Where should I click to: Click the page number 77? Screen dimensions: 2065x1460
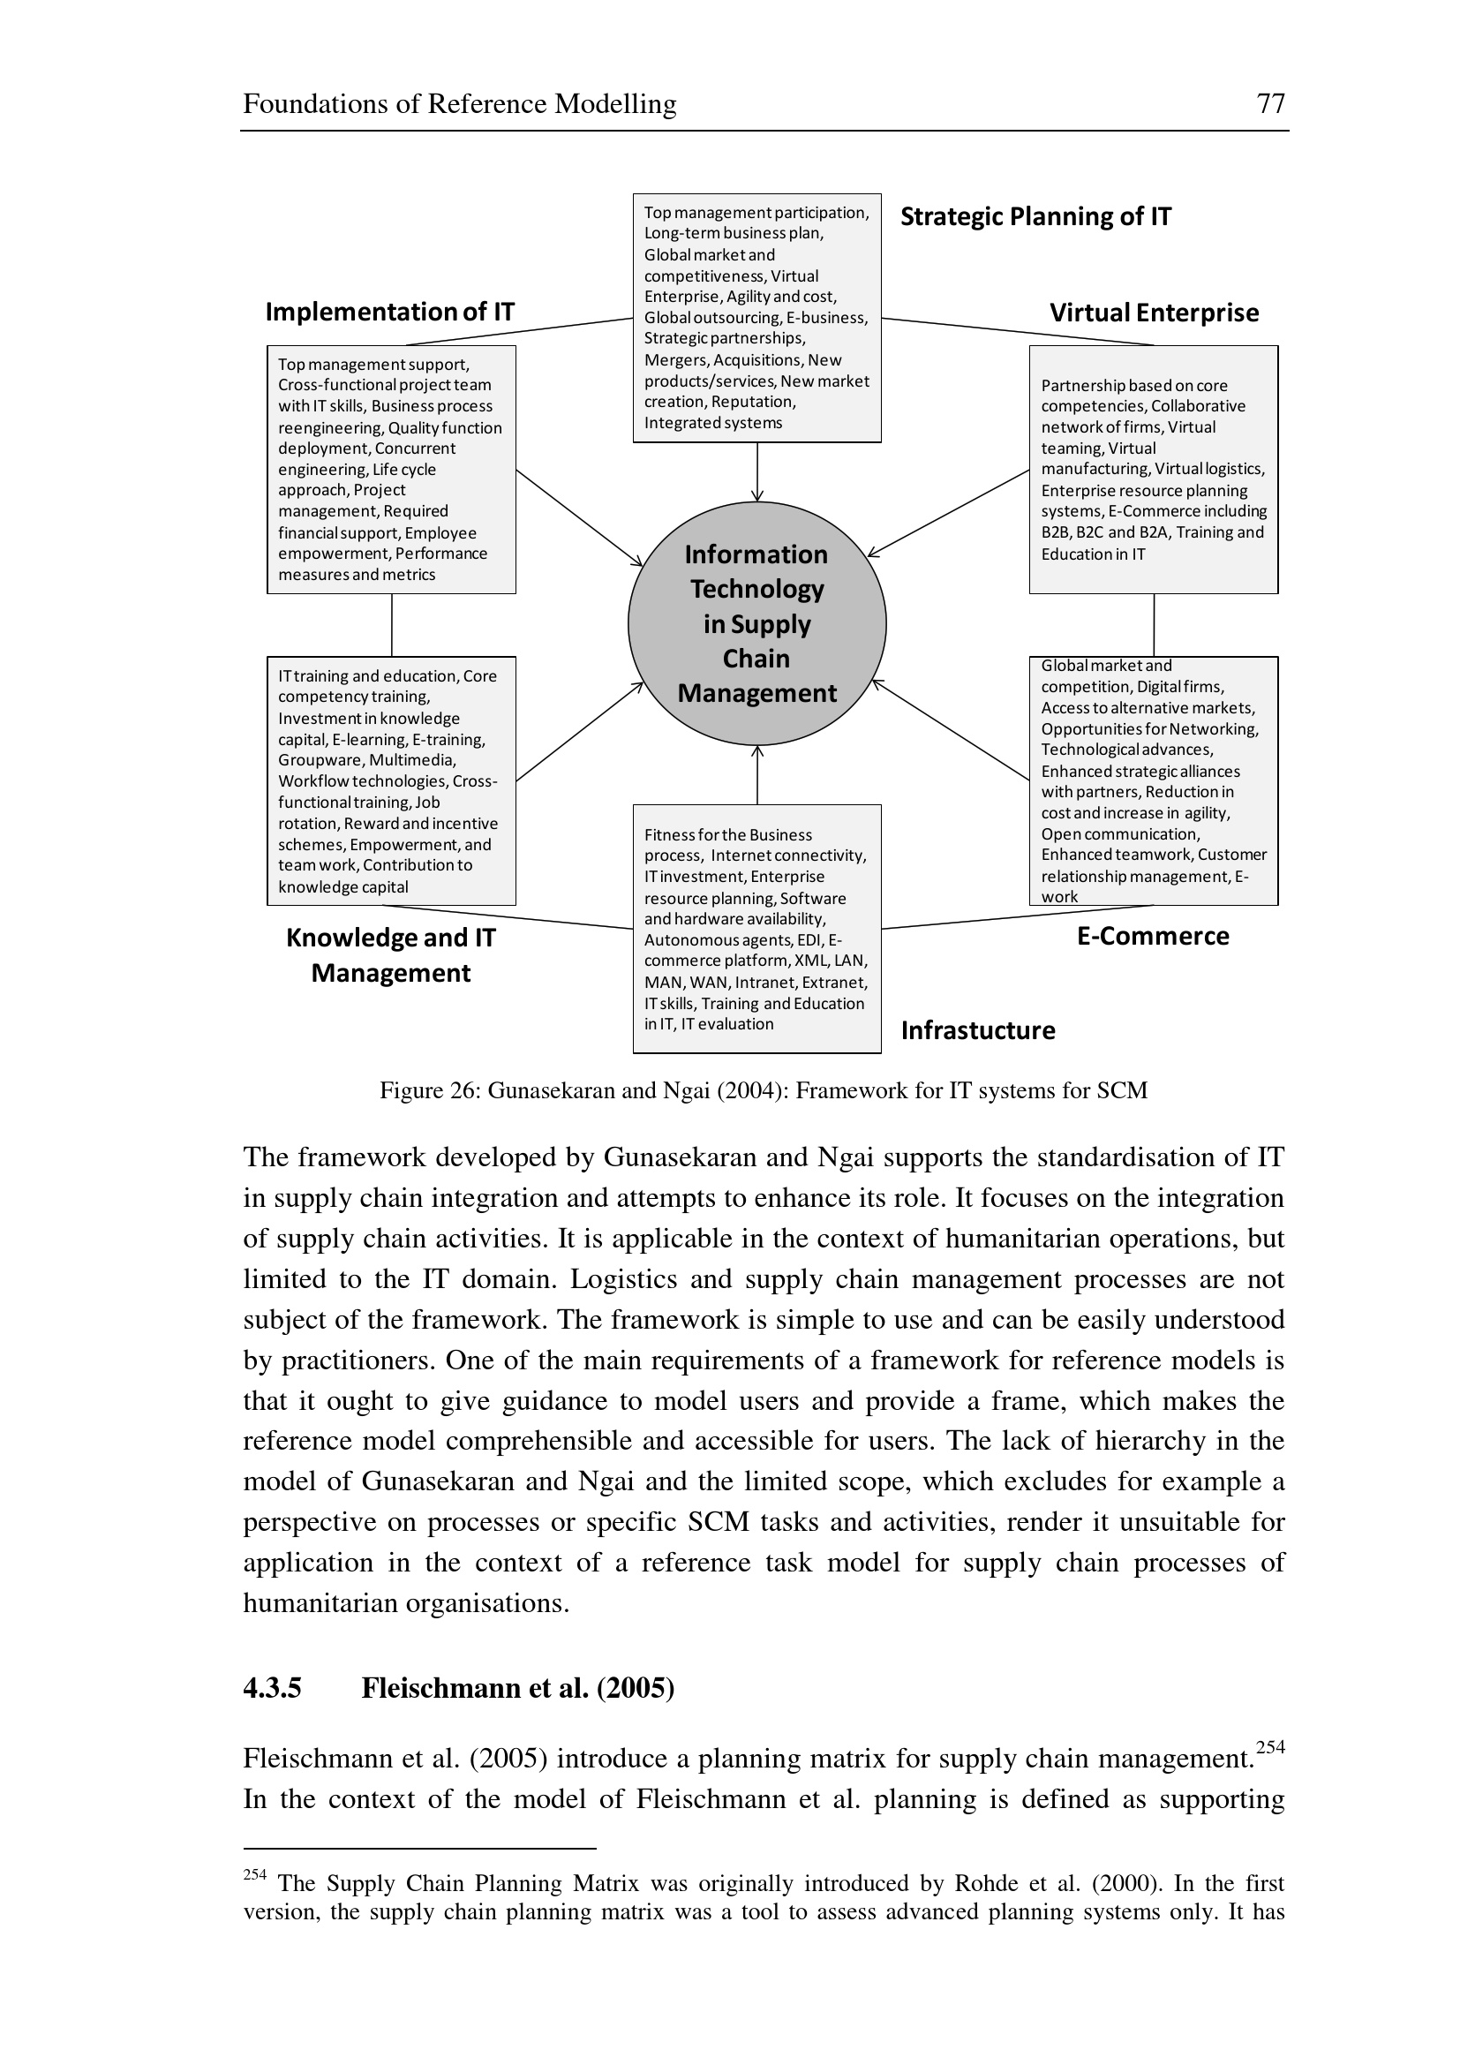coord(1270,103)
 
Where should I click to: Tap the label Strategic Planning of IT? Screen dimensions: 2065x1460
coord(1035,217)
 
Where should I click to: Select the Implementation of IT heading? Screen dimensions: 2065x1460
coord(389,312)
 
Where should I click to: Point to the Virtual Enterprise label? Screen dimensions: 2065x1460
coord(1154,313)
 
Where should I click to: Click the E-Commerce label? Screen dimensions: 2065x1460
coord(1153,936)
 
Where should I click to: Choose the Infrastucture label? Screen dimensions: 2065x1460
coord(978,1030)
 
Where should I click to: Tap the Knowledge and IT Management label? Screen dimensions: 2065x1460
coord(391,955)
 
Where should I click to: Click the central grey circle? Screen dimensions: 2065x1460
coord(757,623)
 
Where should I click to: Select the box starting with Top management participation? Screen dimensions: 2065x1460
coord(757,318)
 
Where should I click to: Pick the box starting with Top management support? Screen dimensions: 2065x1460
coord(391,470)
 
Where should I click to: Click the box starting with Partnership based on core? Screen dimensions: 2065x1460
coord(1154,470)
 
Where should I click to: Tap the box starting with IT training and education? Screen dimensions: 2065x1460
coord(391,780)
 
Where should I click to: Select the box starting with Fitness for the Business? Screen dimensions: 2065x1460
coord(757,929)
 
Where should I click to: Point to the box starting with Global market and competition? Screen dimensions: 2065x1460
coord(1154,780)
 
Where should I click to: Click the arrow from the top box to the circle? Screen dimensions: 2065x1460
coord(757,472)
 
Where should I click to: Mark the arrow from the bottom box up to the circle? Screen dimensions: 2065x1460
coord(757,775)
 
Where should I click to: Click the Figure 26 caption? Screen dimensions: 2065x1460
coord(764,1091)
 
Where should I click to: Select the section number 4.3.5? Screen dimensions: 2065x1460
coord(273,1688)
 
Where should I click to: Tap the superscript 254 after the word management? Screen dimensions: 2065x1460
coord(1270,1747)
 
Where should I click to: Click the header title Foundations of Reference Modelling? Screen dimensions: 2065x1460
coord(459,104)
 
